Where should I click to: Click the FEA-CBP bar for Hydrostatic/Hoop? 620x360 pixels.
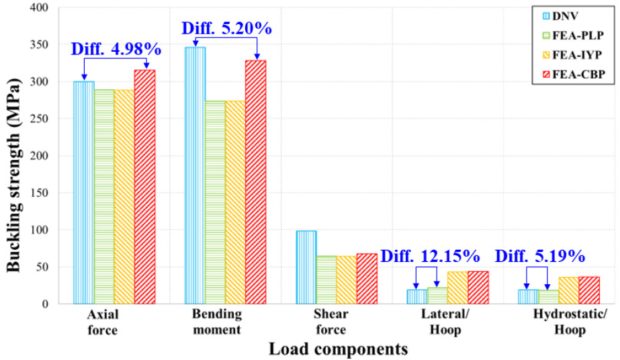click(589, 290)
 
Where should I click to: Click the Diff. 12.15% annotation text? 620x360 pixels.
click(430, 257)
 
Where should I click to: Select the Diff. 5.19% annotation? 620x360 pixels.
click(540, 257)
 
